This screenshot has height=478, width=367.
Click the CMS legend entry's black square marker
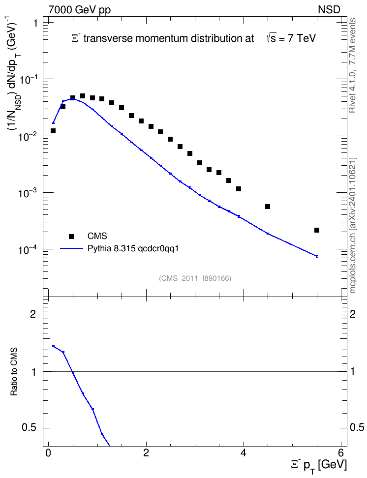point(71,236)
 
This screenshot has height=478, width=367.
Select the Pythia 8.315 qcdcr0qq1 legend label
point(133,248)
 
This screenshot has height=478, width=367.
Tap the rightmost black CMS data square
point(317,230)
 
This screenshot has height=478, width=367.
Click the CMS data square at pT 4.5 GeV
point(268,207)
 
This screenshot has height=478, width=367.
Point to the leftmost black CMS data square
point(53,131)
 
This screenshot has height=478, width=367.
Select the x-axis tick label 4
point(244,452)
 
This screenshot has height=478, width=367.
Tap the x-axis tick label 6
point(341,452)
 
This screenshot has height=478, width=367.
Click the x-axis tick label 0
point(48,452)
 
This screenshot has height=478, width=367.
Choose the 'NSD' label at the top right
point(329,10)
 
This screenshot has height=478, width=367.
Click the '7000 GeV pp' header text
point(79,10)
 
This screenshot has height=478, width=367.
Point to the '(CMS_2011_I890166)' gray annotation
point(195,278)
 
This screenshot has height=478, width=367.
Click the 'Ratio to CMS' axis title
point(14,372)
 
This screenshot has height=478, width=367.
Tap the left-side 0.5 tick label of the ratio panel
point(30,428)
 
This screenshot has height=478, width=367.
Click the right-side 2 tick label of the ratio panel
point(353,314)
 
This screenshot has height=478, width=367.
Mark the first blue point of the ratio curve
point(54,346)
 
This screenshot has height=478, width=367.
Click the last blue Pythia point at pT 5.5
point(317,256)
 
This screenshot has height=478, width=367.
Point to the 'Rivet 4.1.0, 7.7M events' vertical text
point(352,65)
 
